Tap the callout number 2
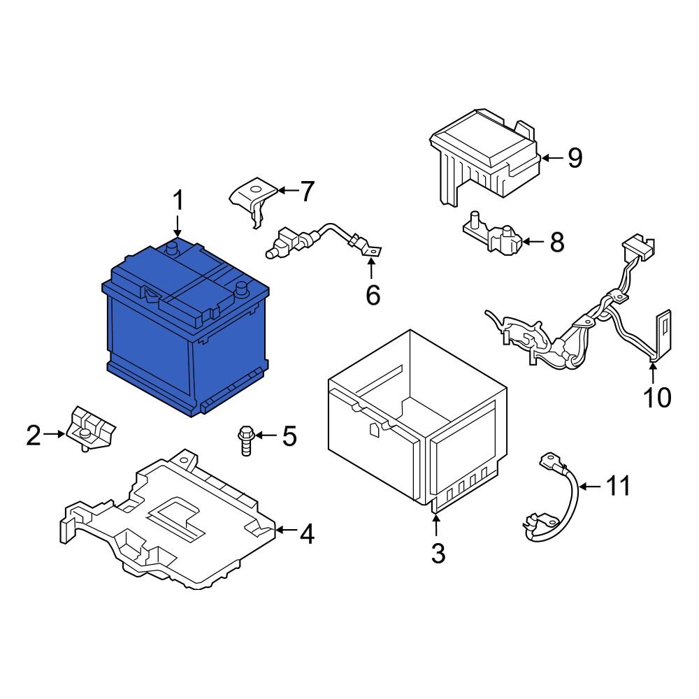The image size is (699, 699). coord(34,435)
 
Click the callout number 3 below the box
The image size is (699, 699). coord(438,553)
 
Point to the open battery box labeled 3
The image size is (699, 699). coord(412,419)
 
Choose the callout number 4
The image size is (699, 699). coord(306,535)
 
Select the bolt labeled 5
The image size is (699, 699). coord(245,440)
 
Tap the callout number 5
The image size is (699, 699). coord(289,436)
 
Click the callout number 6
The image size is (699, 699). coord(373,295)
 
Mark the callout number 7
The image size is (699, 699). coord(307,191)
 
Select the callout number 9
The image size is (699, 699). coord(574,159)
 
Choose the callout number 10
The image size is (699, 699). coord(657,397)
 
